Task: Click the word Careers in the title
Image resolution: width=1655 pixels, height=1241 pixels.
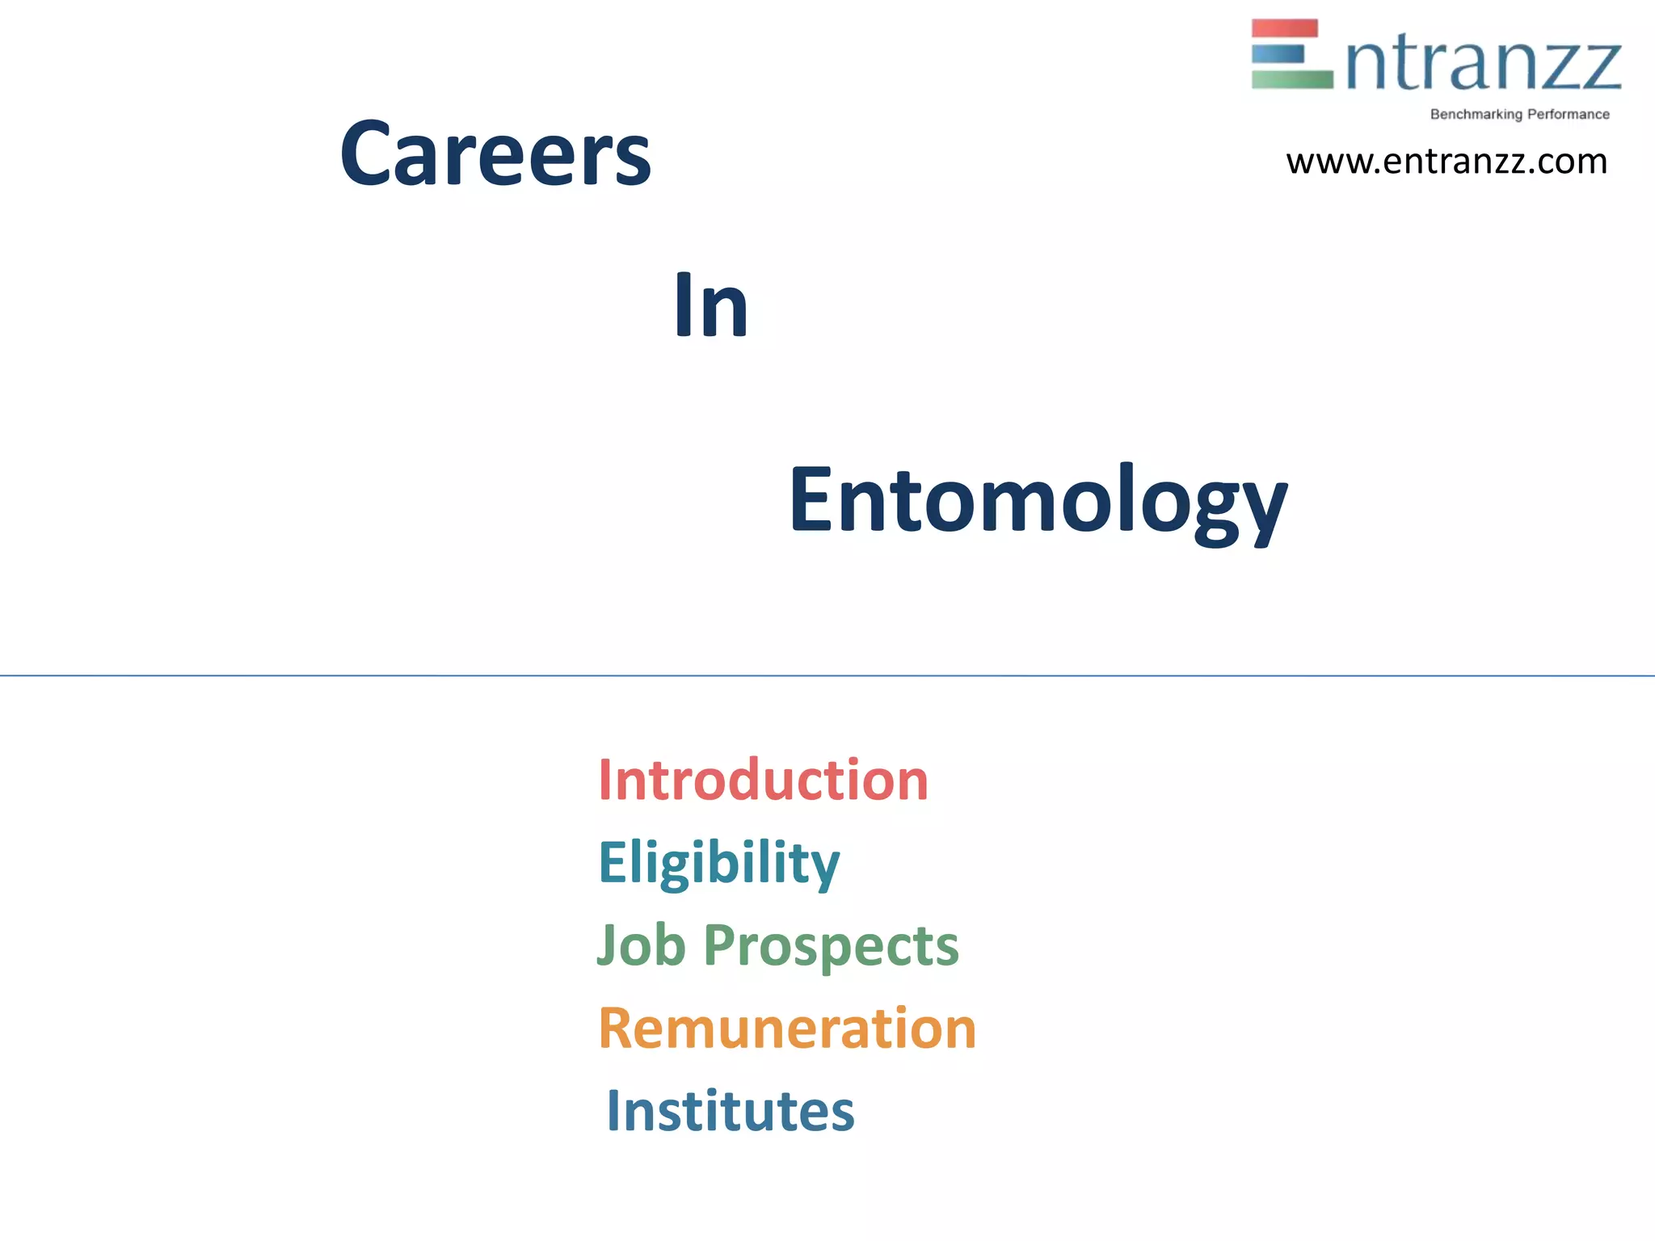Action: click(495, 154)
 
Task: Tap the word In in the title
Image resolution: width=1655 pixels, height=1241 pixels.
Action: click(710, 305)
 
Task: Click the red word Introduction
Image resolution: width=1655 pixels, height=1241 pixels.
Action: click(763, 780)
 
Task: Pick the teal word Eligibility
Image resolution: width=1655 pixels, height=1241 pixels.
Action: click(718, 863)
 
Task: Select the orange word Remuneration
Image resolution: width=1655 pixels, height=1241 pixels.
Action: click(787, 1029)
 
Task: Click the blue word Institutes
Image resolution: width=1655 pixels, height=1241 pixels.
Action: click(730, 1112)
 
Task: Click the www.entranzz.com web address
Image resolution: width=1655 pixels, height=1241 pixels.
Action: click(1447, 162)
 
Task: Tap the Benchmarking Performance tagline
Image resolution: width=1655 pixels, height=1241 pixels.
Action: click(1519, 115)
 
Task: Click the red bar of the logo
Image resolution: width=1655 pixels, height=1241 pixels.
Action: click(1284, 28)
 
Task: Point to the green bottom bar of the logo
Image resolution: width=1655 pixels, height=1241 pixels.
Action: click(1291, 79)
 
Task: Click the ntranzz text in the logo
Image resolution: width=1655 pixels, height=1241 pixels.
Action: click(1484, 65)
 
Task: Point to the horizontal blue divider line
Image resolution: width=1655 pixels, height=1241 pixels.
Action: click(827, 675)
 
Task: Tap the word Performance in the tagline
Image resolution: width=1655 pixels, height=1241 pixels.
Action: click(1568, 115)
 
